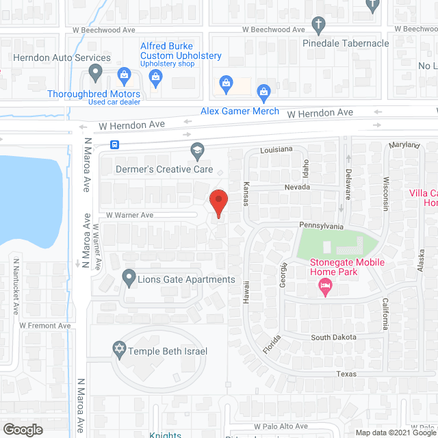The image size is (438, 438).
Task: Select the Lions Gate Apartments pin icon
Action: [128, 279]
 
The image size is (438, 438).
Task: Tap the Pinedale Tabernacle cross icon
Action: [318, 26]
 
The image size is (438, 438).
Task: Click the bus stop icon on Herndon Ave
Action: [114, 144]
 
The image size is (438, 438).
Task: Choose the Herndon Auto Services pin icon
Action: [96, 73]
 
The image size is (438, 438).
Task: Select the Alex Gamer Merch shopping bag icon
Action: [263, 92]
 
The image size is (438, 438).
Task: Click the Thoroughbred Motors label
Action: [94, 94]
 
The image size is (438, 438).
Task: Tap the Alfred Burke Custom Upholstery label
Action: [181, 51]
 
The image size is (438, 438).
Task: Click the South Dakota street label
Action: [333, 337]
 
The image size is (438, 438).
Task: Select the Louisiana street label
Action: [276, 149]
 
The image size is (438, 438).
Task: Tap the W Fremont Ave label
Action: [45, 326]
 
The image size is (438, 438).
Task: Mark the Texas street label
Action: [347, 374]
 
